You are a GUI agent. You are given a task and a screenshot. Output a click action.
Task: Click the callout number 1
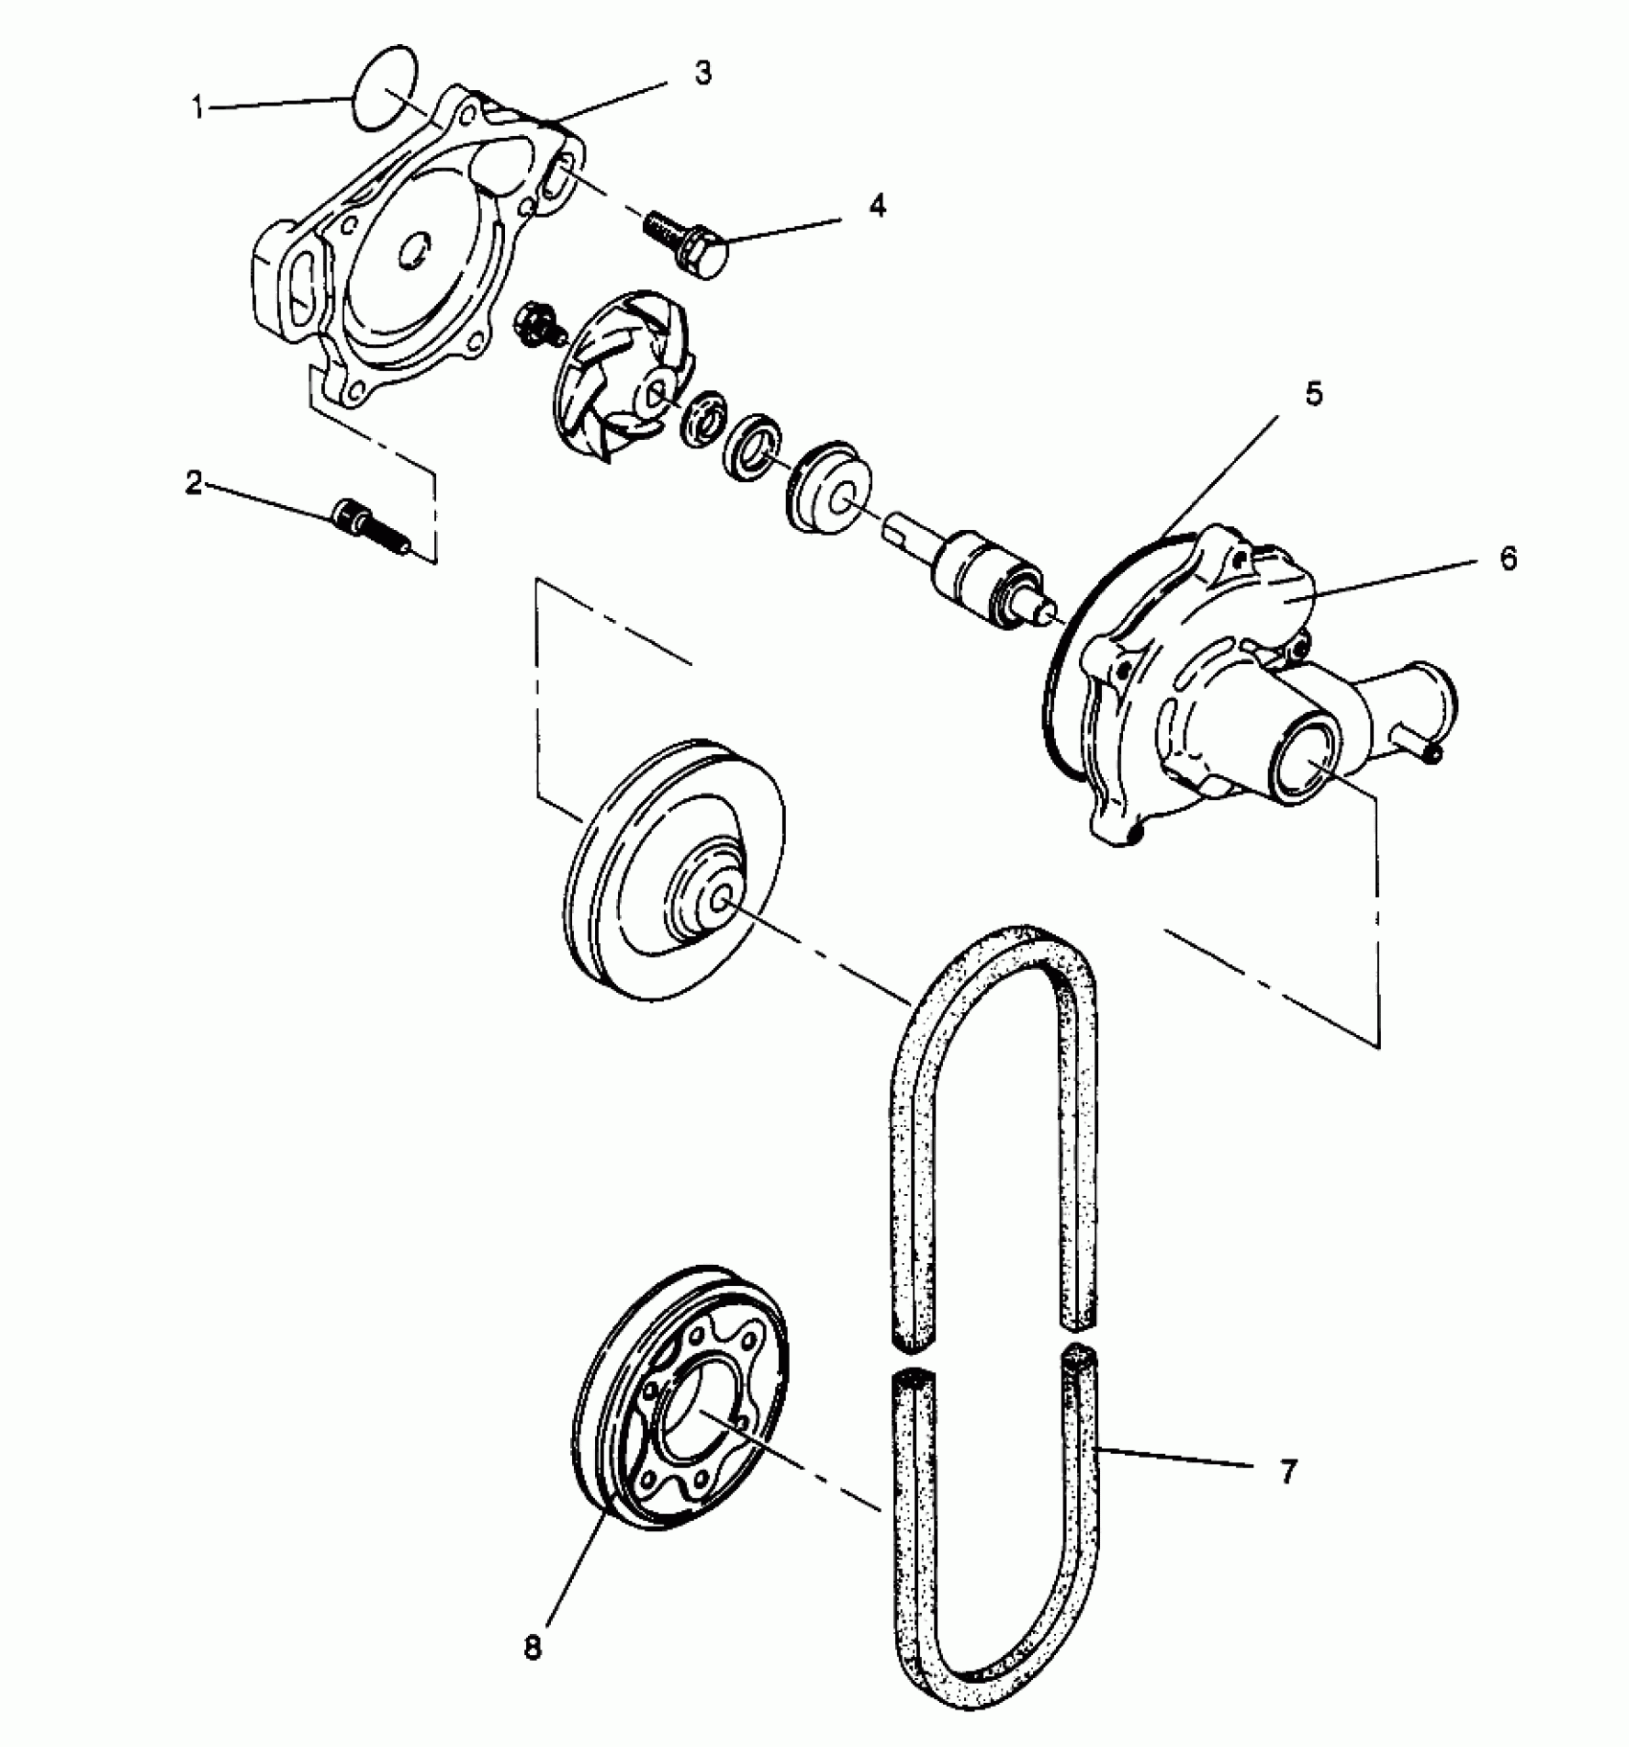[198, 108]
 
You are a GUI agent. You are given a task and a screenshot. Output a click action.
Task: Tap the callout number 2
[194, 483]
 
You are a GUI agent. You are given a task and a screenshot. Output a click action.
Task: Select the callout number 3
[703, 74]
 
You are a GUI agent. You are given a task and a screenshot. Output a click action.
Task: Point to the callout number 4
[877, 205]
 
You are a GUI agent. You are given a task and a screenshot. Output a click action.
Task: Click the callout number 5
[1313, 393]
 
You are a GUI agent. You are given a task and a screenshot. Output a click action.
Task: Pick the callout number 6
[1508, 559]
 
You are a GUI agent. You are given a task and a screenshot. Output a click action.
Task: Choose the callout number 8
[533, 1646]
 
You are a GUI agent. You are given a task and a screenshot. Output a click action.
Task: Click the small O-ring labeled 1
[385, 87]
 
